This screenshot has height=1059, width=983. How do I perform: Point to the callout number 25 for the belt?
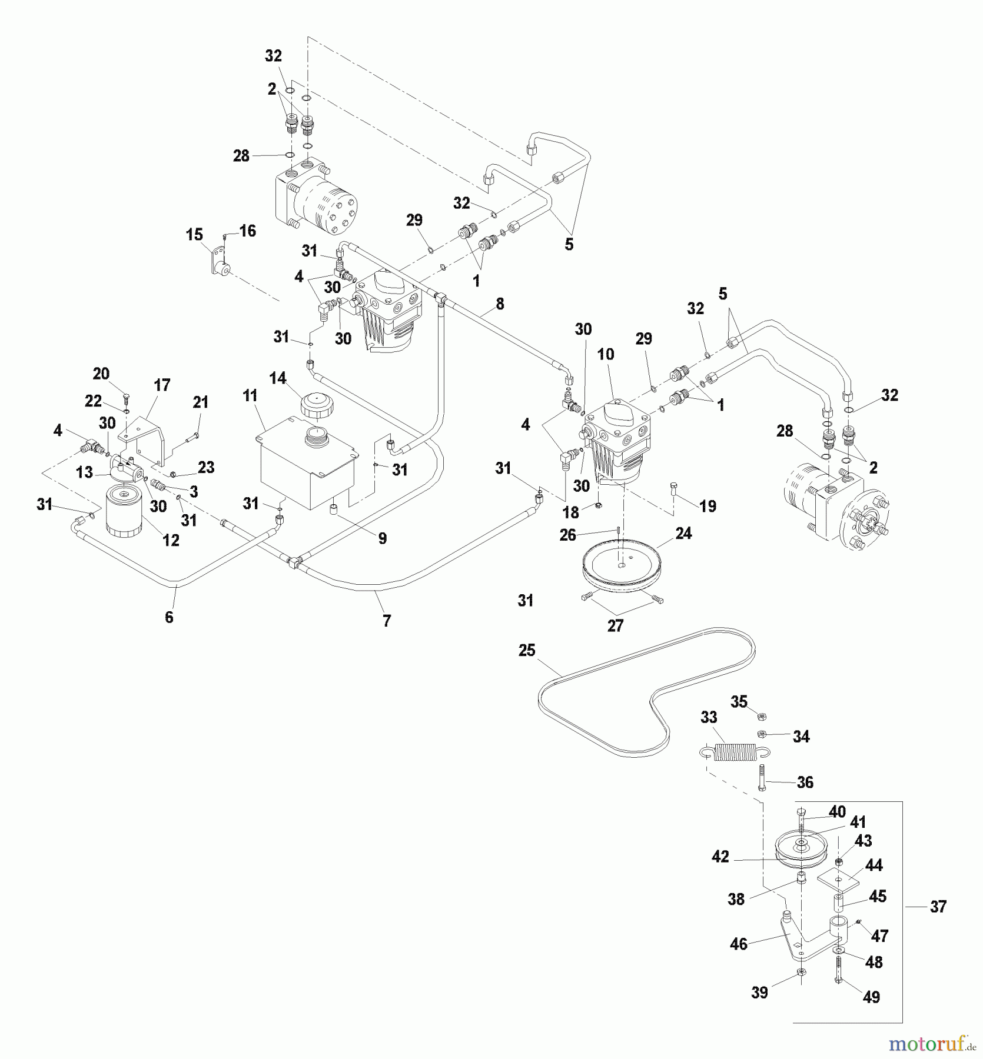click(527, 651)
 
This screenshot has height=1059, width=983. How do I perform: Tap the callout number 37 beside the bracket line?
click(938, 907)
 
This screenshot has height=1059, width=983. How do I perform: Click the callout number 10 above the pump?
click(606, 354)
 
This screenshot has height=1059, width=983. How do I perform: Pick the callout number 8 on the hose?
click(500, 304)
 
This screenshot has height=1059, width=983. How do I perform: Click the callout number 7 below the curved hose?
click(387, 620)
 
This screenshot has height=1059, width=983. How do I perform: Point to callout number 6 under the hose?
click(169, 617)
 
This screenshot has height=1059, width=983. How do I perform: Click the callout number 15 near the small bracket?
click(194, 235)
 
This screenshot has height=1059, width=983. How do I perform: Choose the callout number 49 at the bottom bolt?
click(871, 997)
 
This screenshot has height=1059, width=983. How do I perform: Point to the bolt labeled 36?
click(762, 778)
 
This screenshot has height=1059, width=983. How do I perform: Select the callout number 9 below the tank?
click(383, 538)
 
